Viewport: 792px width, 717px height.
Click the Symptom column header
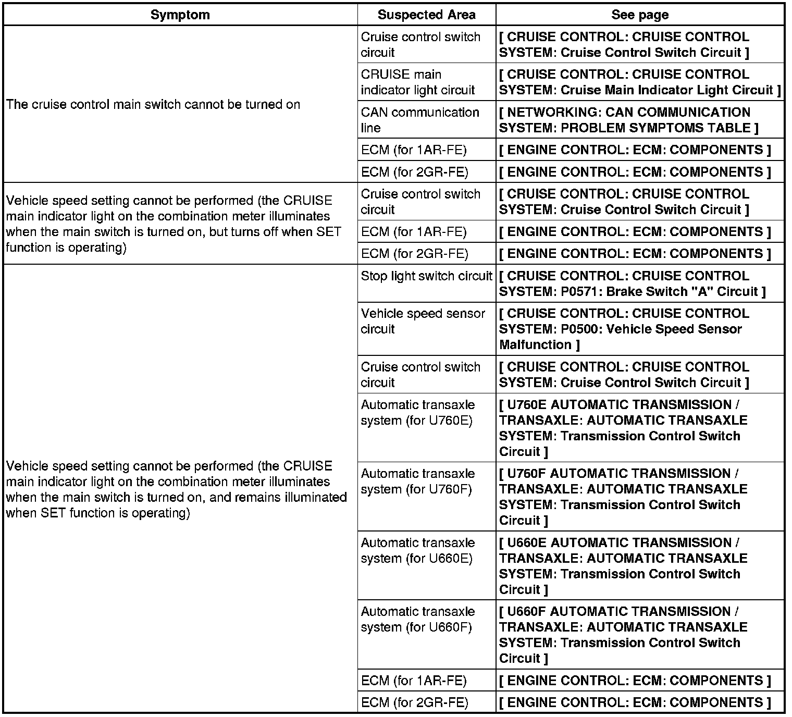point(180,15)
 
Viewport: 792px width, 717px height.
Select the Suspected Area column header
point(426,15)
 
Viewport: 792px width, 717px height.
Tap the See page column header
point(640,15)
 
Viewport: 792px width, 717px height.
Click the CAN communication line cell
point(420,120)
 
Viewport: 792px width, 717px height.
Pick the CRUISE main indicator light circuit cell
point(418,82)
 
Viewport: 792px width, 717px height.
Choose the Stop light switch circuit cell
point(426,276)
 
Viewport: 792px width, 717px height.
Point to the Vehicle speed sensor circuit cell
point(423,321)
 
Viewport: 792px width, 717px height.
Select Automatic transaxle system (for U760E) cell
point(418,413)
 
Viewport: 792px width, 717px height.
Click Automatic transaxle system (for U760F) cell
point(418,481)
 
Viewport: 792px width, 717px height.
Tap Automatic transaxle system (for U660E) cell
point(418,551)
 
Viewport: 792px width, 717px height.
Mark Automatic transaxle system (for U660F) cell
point(418,620)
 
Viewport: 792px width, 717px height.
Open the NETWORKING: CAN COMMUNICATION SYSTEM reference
point(628,120)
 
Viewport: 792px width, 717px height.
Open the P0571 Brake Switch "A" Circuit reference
point(632,283)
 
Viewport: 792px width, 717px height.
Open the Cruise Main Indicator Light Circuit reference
point(639,82)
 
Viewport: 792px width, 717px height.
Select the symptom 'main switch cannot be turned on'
point(153,105)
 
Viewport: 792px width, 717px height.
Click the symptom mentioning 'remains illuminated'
point(176,489)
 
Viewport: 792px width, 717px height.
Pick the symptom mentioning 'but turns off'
point(174,224)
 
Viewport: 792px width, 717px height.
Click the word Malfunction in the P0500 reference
point(535,345)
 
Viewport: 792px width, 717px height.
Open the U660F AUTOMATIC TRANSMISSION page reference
point(623,635)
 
